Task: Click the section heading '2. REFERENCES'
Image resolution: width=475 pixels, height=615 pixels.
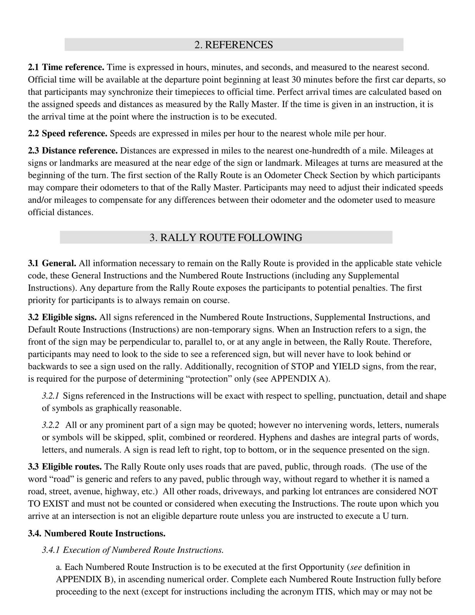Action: coord(234,45)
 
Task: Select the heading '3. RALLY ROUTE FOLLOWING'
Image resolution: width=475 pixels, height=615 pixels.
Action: coord(226,238)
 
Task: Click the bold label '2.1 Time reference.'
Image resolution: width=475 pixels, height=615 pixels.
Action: coord(66,68)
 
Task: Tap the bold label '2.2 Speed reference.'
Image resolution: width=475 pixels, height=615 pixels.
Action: coord(68,134)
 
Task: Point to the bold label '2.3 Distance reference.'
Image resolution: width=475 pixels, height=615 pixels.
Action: coord(73,151)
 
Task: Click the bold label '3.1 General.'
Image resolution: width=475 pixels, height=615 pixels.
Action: coord(52,264)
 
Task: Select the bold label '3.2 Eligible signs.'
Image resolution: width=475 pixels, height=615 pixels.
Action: coord(62,317)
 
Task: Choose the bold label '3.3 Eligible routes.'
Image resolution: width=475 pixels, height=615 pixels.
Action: coord(65,467)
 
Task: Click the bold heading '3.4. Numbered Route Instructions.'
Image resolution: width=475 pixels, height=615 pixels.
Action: coord(97,534)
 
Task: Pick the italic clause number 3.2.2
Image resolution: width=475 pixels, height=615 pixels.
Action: coord(50,426)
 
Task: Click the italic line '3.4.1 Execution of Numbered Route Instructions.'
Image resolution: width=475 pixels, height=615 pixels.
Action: coord(133,550)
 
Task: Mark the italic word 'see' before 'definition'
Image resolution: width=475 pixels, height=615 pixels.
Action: coord(356,567)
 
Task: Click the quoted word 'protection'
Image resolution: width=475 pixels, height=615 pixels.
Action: coord(211,379)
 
